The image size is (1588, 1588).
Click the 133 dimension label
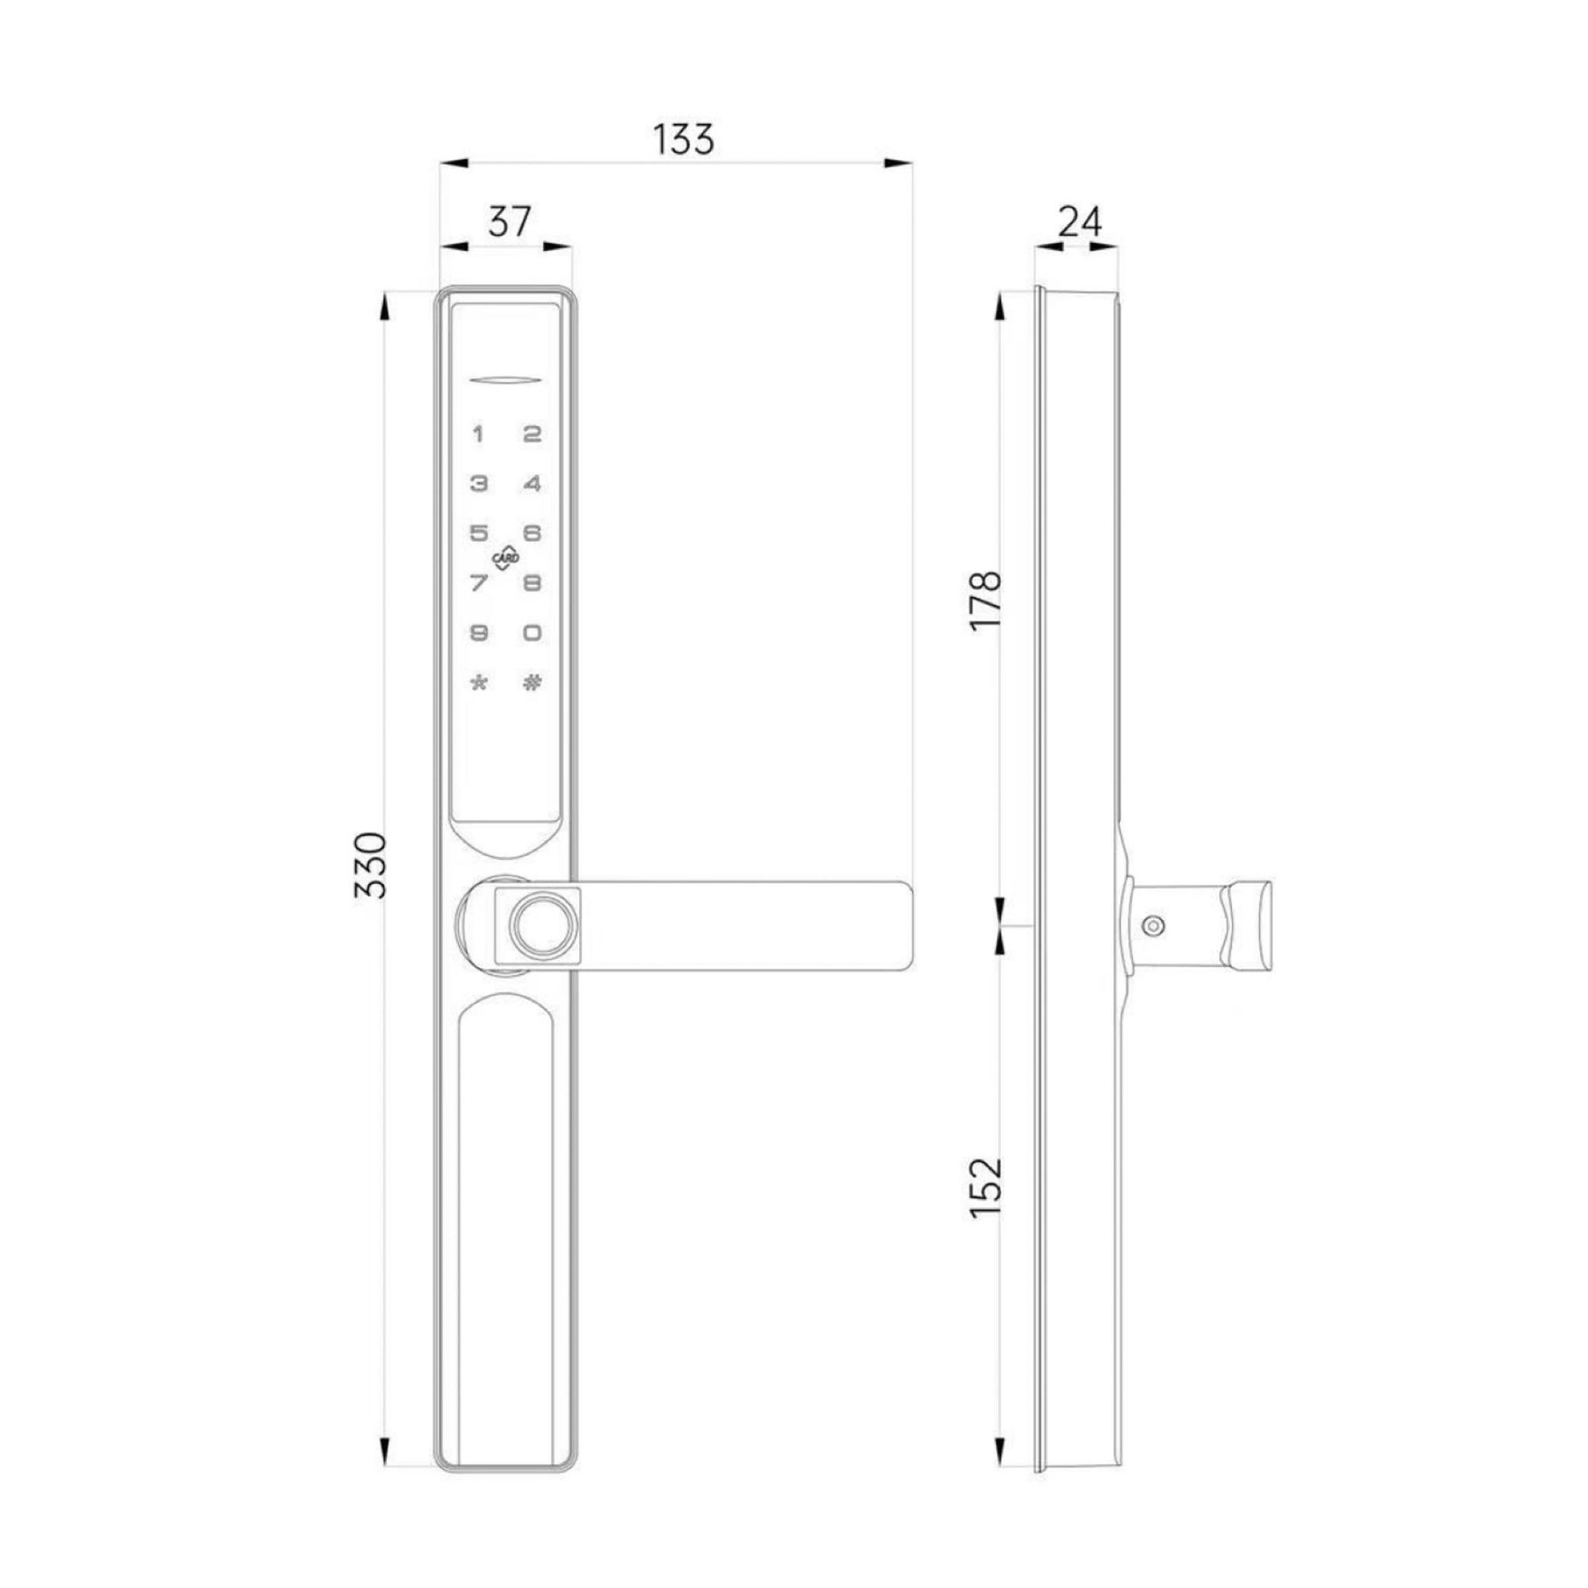(x=683, y=140)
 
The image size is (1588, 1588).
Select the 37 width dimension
(x=509, y=222)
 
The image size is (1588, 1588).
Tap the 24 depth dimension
(x=1079, y=221)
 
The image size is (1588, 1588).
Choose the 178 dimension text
(x=986, y=600)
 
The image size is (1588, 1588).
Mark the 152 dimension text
(x=986, y=1188)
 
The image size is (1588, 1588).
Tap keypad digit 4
(x=533, y=483)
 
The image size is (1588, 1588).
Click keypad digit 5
(x=478, y=533)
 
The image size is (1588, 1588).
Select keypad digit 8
(x=533, y=584)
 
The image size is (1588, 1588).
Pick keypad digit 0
(x=533, y=633)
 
